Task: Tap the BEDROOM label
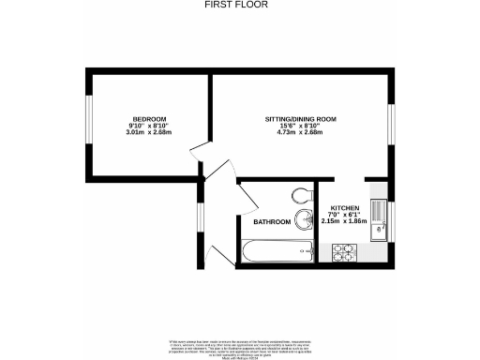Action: click(149, 118)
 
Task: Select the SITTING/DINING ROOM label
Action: click(299, 119)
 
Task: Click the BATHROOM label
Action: click(272, 222)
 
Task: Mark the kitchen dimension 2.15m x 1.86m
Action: click(343, 221)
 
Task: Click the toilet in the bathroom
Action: click(301, 195)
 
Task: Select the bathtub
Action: click(277, 250)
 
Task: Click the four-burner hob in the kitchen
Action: click(343, 251)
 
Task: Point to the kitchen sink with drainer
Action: click(378, 220)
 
